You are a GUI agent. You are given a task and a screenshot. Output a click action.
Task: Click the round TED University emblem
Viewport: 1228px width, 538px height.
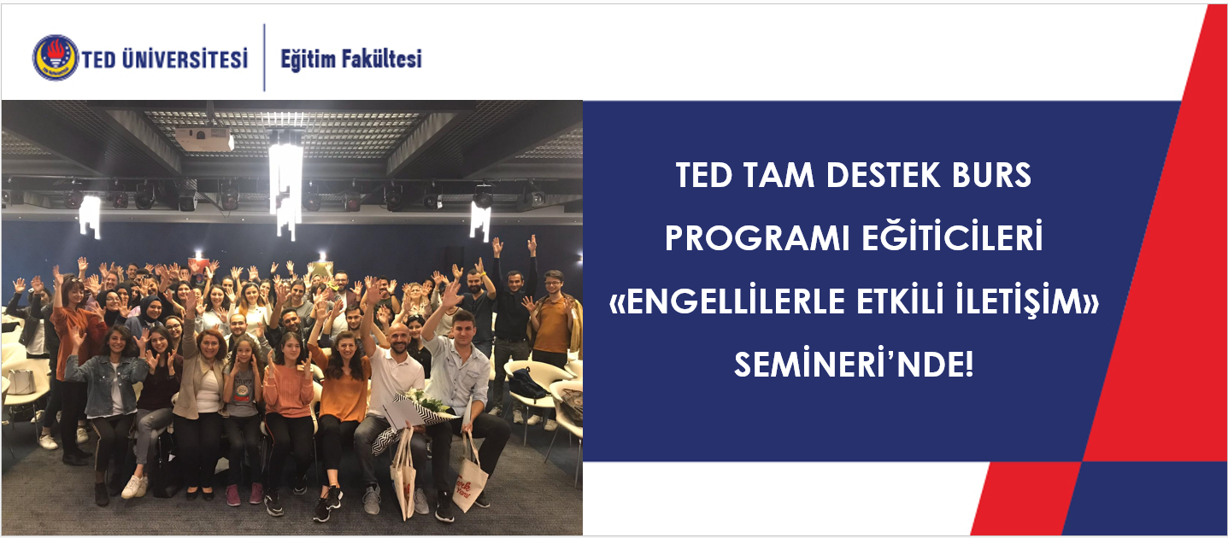pyautogui.click(x=56, y=58)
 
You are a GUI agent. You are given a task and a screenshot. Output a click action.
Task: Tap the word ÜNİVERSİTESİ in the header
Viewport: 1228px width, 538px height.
pyautogui.click(x=185, y=59)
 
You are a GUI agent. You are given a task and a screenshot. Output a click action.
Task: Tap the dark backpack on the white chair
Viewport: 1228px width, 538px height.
pyautogui.click(x=527, y=383)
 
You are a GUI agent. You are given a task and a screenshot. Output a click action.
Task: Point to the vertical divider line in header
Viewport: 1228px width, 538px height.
pyautogui.click(x=264, y=57)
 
